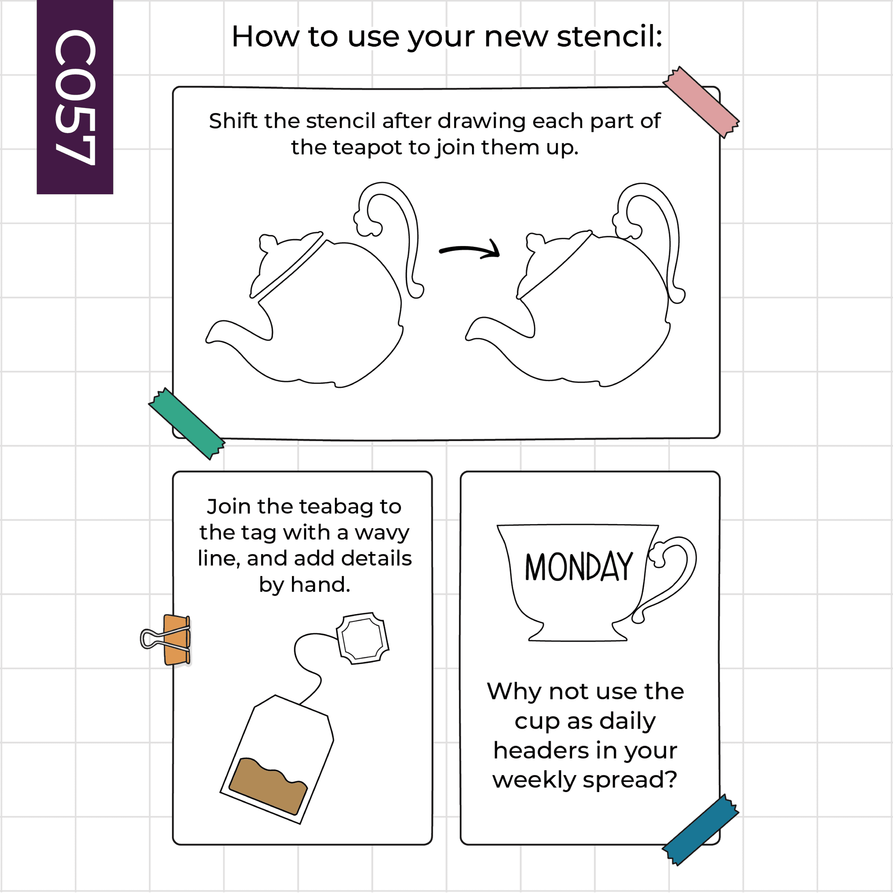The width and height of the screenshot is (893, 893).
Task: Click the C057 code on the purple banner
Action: click(75, 97)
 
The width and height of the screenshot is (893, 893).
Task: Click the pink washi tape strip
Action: click(701, 102)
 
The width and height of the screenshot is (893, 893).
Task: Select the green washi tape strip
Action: click(187, 423)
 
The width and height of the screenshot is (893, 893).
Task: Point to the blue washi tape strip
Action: click(701, 830)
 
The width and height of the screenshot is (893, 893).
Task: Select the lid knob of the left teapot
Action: click(267, 242)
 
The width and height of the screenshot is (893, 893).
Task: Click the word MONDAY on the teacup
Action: click(578, 567)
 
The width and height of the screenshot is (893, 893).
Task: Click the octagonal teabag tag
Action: click(363, 638)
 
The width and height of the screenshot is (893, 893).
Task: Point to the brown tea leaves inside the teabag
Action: click(268, 785)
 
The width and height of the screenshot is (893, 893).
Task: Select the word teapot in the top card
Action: click(367, 148)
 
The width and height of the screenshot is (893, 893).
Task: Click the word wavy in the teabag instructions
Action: click(382, 533)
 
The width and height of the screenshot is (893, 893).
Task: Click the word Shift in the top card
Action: click(233, 121)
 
